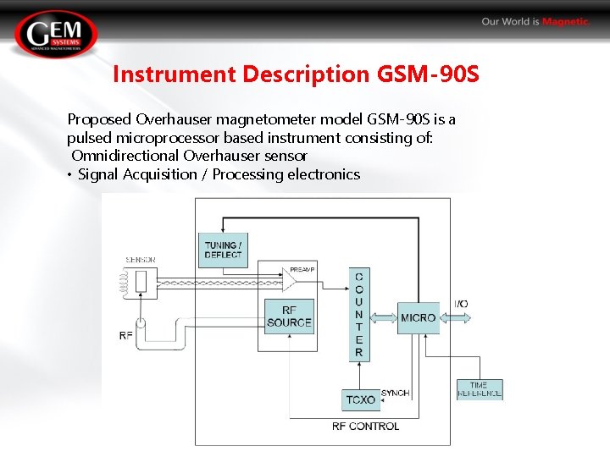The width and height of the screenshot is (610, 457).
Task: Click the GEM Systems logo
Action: pos(56,35)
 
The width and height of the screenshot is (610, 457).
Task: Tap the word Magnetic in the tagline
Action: pos(566,22)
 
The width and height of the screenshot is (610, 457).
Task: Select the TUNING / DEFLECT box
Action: pos(223,250)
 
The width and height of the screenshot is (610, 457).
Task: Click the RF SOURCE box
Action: pos(289,317)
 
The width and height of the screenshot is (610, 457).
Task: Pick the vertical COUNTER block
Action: pos(359,314)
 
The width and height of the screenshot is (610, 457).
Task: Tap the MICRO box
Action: pos(419,317)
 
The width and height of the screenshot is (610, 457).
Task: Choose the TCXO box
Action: pos(361,399)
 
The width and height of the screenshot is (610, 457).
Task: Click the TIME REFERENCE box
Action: pos(480,389)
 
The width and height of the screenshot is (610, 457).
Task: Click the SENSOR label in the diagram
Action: pos(140,260)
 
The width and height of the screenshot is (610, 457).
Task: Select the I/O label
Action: pos(461,304)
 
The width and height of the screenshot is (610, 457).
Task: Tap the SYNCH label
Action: pos(395,393)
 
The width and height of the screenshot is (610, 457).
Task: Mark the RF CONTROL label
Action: pos(365,426)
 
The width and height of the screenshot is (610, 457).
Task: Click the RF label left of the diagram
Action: pos(125,336)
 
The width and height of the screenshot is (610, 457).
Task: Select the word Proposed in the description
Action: pos(97,119)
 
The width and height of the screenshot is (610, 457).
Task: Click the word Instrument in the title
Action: pos(175,74)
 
